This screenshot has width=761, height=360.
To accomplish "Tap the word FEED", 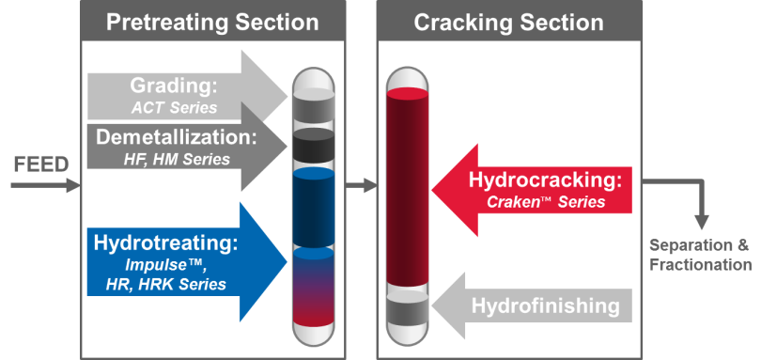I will point(40,165).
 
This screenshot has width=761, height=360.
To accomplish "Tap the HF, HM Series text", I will point(178,160).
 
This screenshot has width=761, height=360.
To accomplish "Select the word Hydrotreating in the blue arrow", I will point(166,243).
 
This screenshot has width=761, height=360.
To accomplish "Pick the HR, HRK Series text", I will point(170,285).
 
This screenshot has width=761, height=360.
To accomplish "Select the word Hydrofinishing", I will point(545,305).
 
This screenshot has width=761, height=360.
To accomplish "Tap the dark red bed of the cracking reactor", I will point(408,188).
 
